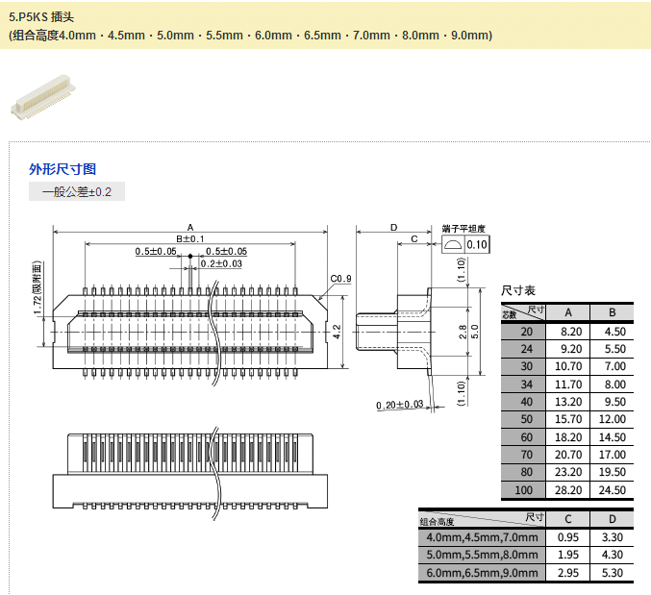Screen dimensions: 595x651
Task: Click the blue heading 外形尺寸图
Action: click(x=63, y=169)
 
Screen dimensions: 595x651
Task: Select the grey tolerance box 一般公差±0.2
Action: click(x=77, y=192)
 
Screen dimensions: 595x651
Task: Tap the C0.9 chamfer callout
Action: click(x=340, y=279)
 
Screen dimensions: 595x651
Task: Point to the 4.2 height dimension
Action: click(x=337, y=332)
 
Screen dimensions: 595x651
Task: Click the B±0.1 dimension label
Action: click(x=189, y=238)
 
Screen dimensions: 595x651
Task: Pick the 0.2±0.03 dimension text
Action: click(x=221, y=263)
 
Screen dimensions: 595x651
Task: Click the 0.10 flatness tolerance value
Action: click(x=477, y=245)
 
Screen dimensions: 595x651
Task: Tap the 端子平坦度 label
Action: click(x=464, y=229)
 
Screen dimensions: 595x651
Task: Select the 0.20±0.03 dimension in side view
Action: click(x=400, y=405)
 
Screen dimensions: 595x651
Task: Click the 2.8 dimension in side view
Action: click(x=462, y=332)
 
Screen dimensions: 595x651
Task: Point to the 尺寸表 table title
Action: click(x=518, y=290)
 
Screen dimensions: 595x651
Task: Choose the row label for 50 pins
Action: click(x=525, y=419)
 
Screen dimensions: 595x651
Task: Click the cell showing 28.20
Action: click(x=568, y=490)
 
